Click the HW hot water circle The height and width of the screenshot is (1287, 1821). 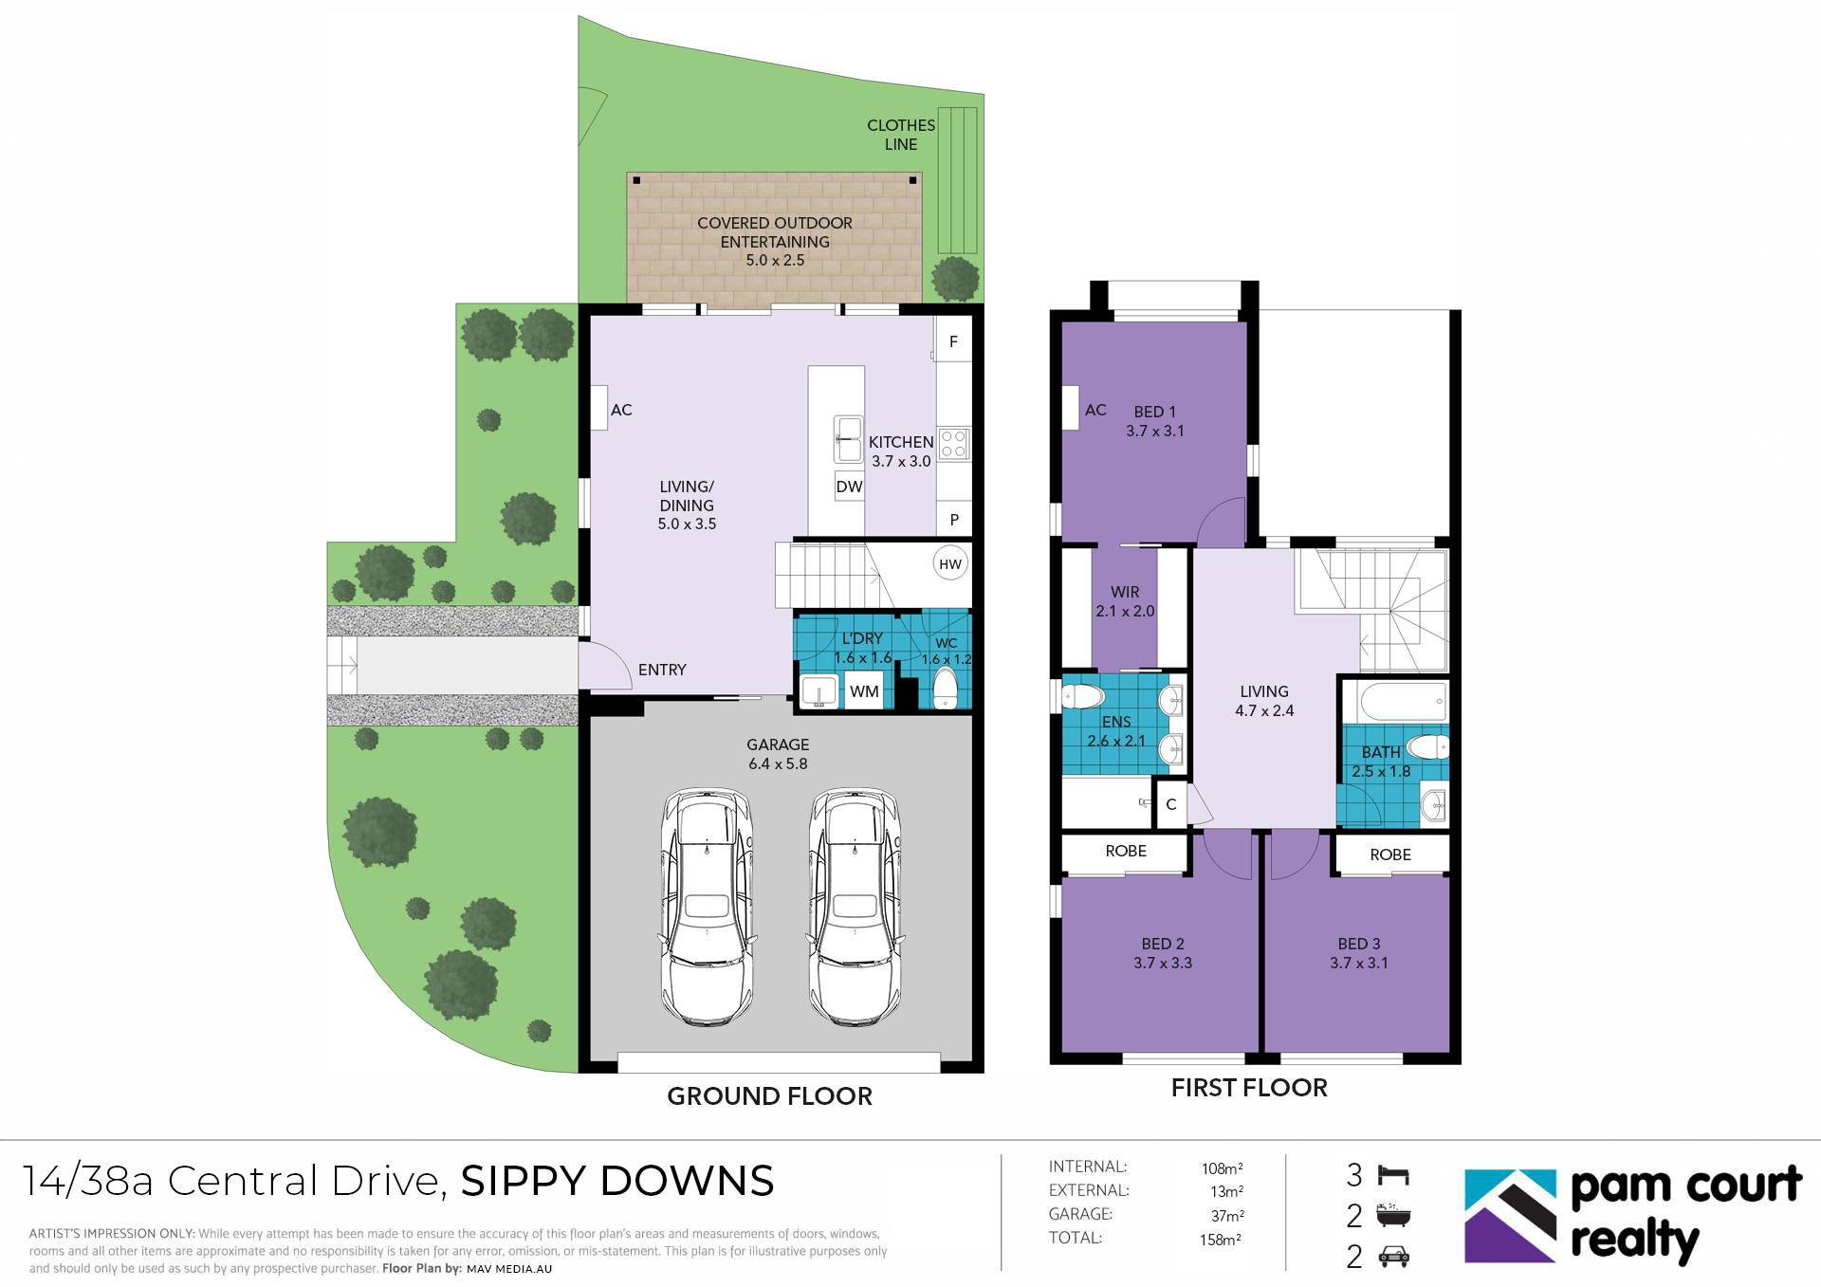949,564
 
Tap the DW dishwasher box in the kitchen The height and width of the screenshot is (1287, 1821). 849,487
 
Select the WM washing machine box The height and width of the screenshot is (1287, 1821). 864,691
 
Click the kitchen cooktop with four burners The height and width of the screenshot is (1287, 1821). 954,443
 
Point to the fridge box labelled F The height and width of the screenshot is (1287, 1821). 953,341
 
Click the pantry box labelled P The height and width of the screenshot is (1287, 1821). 954,520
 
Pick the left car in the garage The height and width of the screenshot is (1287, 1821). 708,906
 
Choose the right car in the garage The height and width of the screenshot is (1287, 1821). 855,906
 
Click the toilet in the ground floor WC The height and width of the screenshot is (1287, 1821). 946,688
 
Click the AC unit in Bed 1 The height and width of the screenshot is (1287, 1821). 1072,408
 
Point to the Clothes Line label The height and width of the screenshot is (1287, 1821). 901,135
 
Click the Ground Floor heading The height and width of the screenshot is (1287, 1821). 769,1096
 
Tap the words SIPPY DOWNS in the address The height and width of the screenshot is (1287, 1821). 617,1182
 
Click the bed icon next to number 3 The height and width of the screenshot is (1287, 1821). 1392,1176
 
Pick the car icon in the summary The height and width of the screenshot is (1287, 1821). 1392,1258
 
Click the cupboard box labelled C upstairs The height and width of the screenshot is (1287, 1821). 1171,804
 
